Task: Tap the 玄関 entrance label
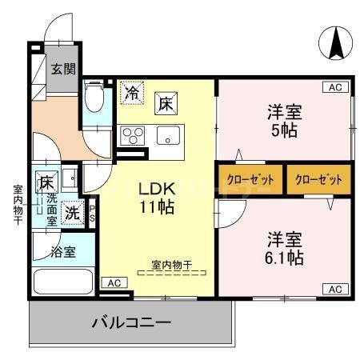pos(63,69)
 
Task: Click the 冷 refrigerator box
pos(132,93)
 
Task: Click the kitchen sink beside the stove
pos(168,134)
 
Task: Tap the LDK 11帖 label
pos(158,197)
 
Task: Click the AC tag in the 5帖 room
pos(336,87)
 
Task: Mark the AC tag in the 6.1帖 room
pos(336,289)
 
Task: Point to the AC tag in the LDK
pos(114,282)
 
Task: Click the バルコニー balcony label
pos(130,324)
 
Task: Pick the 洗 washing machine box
pos(72,214)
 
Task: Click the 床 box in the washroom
pos(46,182)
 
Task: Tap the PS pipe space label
pos(92,214)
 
